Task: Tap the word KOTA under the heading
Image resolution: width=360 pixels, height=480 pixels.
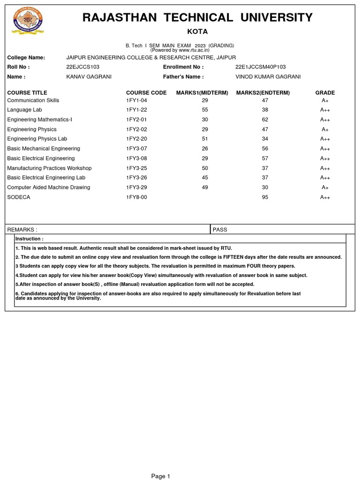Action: point(197,32)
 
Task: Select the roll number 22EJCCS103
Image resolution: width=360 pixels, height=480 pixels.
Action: point(83,67)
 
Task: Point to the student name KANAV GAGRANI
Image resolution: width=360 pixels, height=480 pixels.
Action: point(89,77)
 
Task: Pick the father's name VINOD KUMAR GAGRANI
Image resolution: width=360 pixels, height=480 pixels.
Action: point(268,77)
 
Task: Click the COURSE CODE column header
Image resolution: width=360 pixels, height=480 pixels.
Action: point(146,93)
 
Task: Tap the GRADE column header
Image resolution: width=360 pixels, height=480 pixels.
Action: point(325,93)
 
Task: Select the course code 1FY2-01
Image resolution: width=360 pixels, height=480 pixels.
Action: point(136,120)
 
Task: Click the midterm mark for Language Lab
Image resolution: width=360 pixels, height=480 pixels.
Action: point(205,110)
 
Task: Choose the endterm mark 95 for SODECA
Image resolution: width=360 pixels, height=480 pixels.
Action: point(265,197)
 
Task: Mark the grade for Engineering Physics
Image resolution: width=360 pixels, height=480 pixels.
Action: point(325,129)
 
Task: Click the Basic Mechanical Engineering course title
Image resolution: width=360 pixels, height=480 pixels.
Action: point(44,149)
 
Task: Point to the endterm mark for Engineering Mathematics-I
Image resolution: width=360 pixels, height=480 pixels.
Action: point(265,120)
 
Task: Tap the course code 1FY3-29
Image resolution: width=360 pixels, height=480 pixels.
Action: point(136,187)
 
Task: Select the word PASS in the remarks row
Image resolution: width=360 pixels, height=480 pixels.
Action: point(220,230)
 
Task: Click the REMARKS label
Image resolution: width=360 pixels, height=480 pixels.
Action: point(22,230)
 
